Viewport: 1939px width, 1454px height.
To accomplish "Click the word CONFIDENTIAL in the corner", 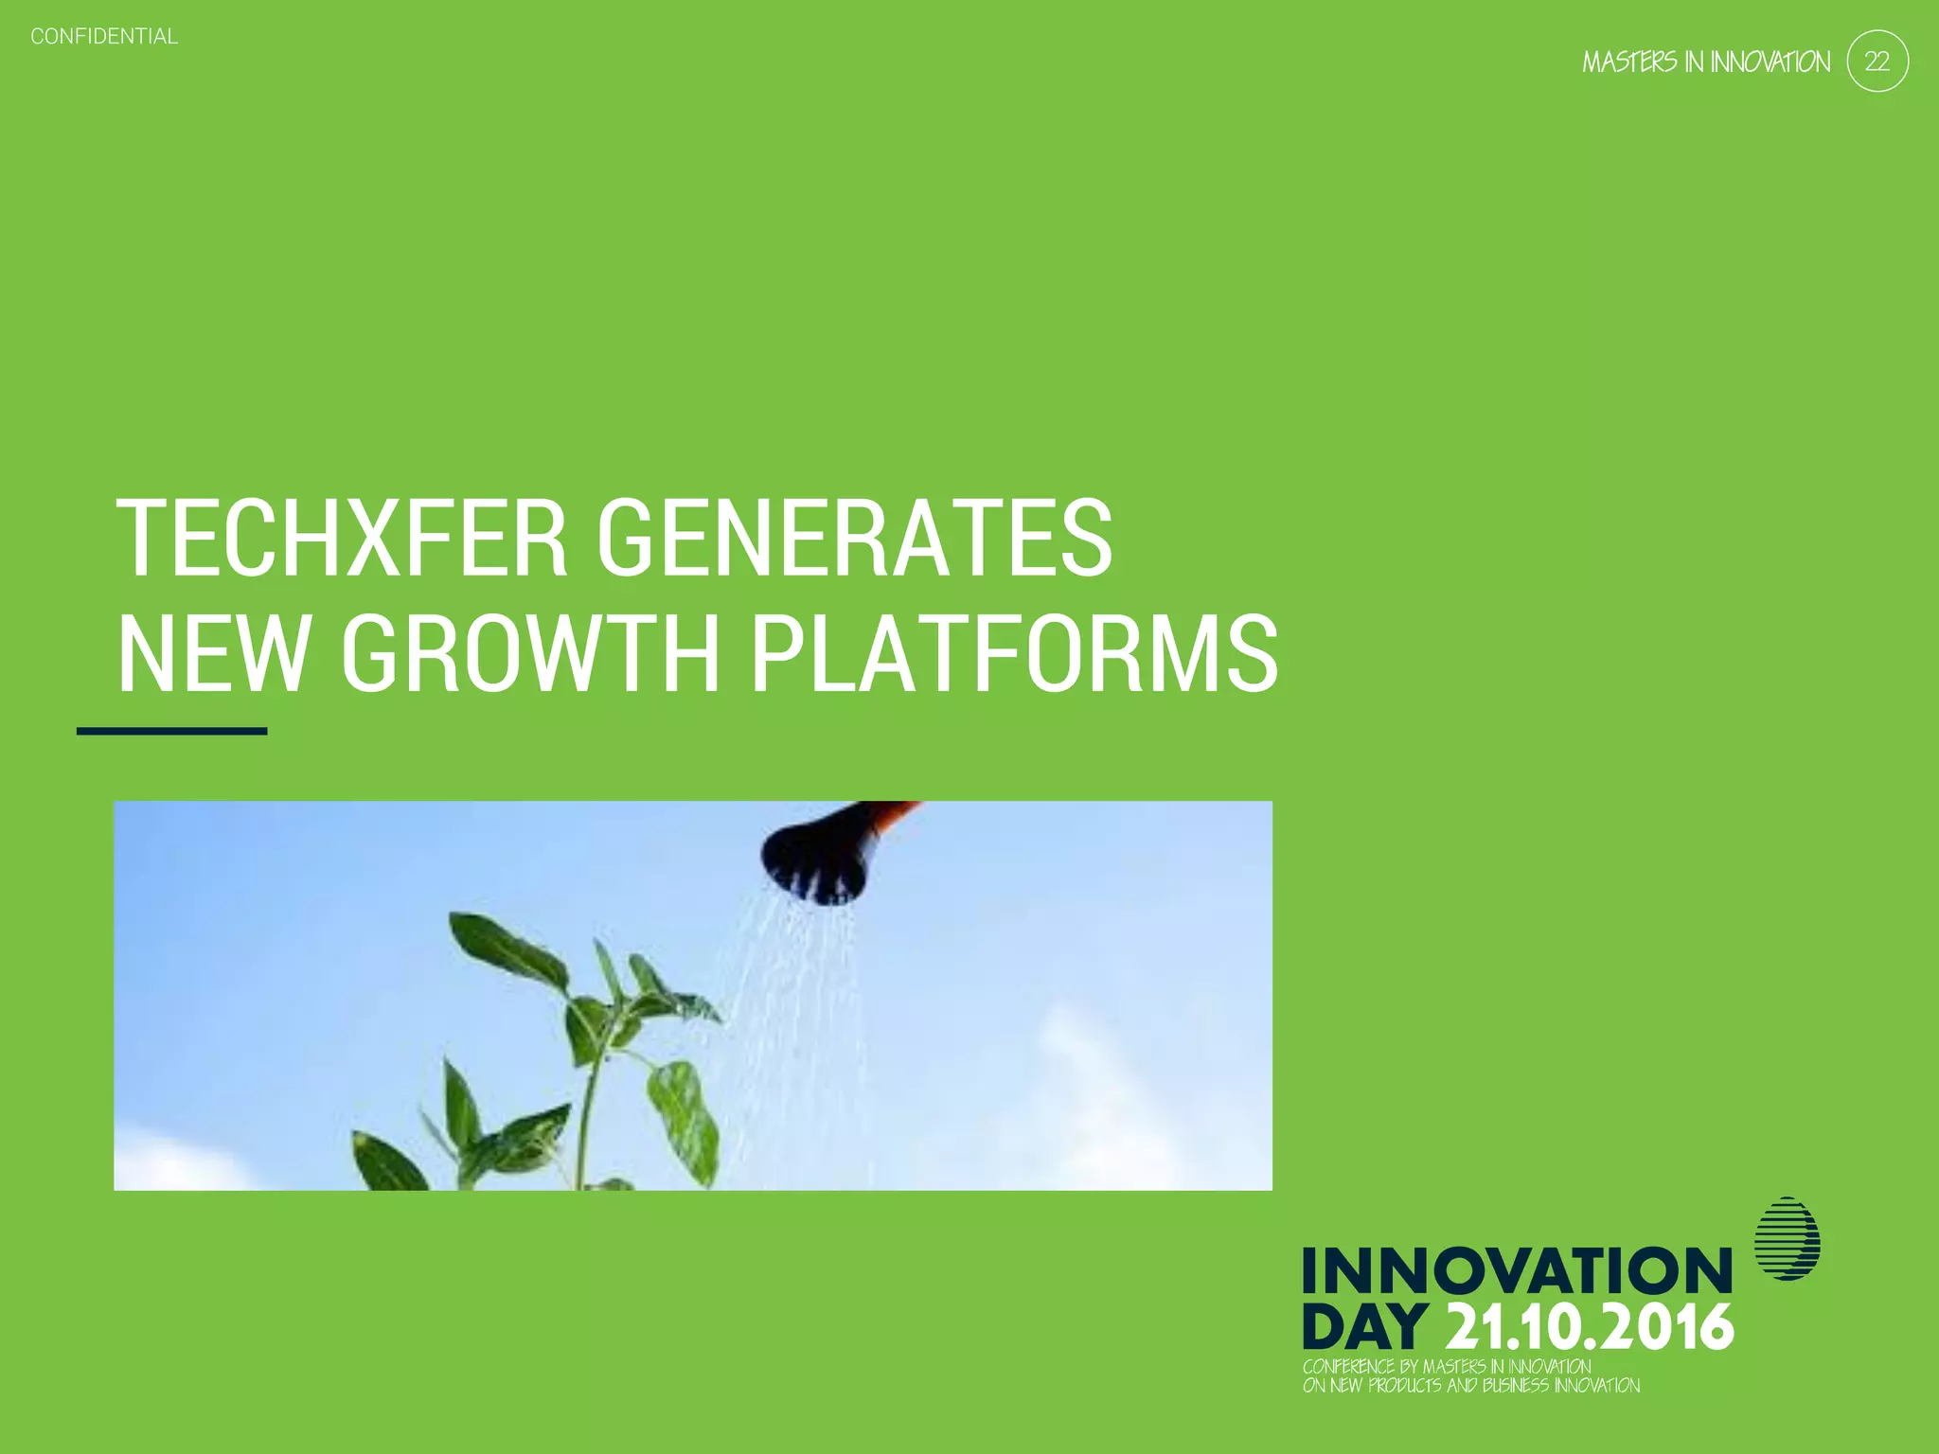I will click(104, 37).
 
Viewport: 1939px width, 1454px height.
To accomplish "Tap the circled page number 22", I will click(1877, 62).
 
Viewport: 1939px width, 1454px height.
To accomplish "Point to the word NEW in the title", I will click(213, 653).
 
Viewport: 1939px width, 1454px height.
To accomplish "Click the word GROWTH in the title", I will click(530, 653).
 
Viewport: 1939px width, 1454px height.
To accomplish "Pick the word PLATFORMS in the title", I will click(1014, 653).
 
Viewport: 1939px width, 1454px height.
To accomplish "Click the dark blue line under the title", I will click(171, 731).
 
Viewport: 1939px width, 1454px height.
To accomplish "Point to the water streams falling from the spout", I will click(795, 994).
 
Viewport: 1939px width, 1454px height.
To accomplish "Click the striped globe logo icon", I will click(1787, 1238).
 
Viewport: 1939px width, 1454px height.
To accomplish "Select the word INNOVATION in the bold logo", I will click(1517, 1270).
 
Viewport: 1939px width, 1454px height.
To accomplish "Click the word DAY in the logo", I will click(1364, 1327).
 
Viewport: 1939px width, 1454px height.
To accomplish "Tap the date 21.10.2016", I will click(1591, 1327).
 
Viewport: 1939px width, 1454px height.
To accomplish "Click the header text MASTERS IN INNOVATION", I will click(1706, 62).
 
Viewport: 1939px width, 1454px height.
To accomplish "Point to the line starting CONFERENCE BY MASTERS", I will click(1447, 1366).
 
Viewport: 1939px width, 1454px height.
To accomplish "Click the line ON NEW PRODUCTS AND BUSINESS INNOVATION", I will click(1471, 1386).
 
